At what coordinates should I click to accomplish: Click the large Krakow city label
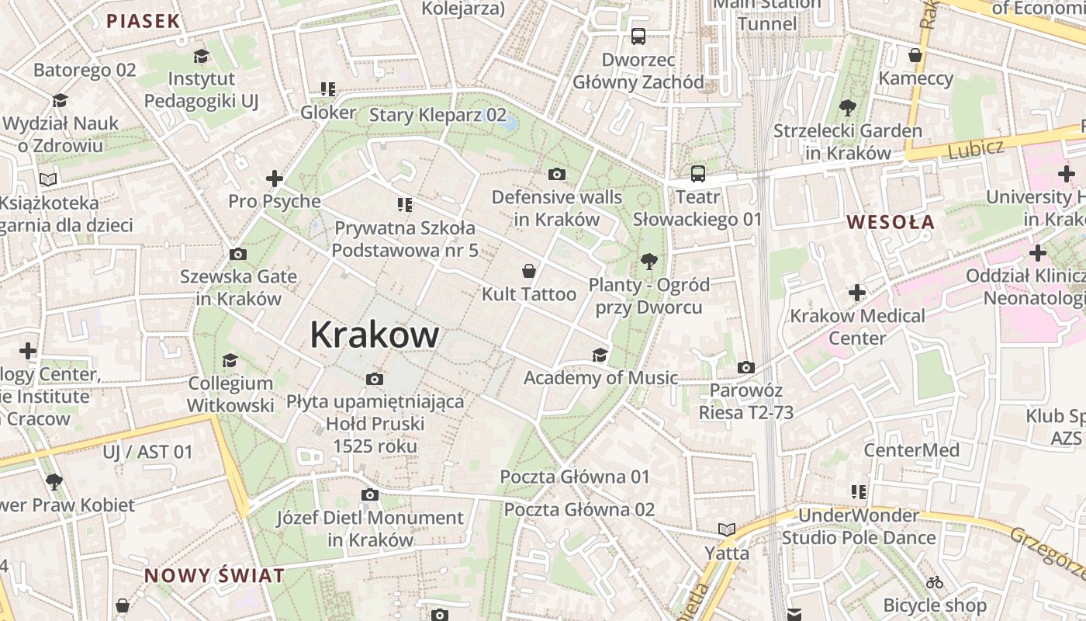375,335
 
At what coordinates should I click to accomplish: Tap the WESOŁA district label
891,222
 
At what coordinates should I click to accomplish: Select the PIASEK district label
143,21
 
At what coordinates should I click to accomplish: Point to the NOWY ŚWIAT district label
214,576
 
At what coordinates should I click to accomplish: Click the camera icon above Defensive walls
556,174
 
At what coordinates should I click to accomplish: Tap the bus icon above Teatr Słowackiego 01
698,173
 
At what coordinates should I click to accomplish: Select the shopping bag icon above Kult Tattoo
529,271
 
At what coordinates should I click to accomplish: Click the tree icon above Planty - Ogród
648,262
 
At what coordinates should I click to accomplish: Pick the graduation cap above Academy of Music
600,356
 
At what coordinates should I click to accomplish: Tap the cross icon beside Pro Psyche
274,179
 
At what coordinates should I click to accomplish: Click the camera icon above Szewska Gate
238,254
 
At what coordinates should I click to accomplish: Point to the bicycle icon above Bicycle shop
935,581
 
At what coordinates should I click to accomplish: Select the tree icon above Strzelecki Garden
847,108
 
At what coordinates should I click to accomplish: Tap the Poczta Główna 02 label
579,510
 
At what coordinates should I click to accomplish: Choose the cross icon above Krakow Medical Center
857,293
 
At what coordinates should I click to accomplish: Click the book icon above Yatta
727,529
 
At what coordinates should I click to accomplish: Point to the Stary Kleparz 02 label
438,116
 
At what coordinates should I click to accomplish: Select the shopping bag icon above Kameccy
915,55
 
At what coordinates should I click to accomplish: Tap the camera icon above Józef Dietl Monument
370,494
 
